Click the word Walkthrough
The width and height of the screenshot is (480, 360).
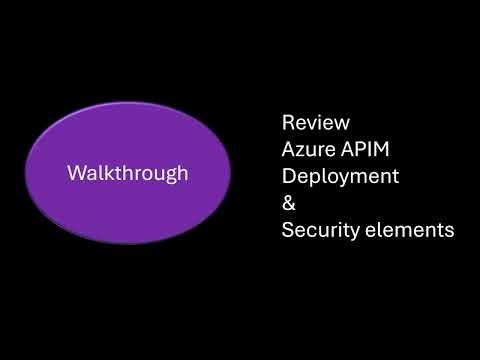127,173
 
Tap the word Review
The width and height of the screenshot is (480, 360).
316,124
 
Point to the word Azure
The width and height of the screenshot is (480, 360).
308,150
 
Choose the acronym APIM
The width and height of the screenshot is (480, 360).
362,150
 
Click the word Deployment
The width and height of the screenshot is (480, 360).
340,177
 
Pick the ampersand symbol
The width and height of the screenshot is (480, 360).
289,203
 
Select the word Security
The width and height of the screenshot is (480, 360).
320,230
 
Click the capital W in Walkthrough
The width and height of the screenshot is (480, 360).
76,173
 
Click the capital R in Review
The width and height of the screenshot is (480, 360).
288,124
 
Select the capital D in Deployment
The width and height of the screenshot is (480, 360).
289,176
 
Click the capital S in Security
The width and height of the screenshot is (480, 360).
288,230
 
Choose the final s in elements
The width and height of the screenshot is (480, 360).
450,231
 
